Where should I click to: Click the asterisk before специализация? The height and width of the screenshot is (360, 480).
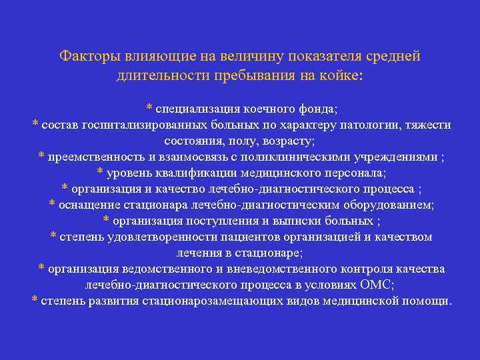point(149,107)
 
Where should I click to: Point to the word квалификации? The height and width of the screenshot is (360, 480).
point(202,173)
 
